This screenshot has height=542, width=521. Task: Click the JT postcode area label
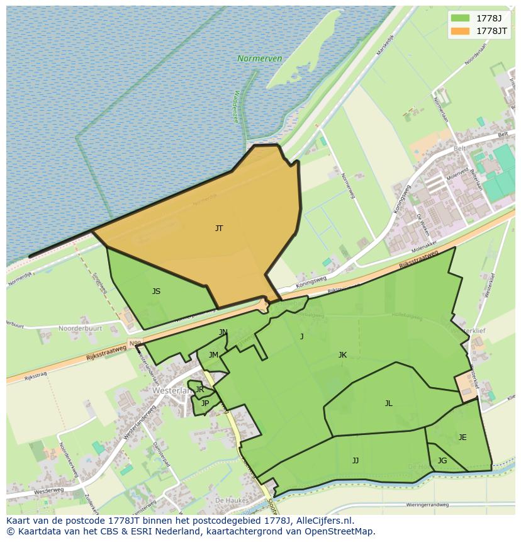pyautogui.click(x=218, y=229)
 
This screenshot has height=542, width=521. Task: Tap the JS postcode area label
pyautogui.click(x=156, y=291)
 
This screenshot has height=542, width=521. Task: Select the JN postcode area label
pyautogui.click(x=223, y=332)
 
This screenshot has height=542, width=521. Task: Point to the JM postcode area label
pyautogui.click(x=213, y=355)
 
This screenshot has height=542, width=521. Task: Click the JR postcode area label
pyautogui.click(x=199, y=390)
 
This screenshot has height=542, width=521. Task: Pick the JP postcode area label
pyautogui.click(x=204, y=404)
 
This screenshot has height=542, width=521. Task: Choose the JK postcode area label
pyautogui.click(x=342, y=355)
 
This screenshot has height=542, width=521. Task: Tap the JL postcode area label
pyautogui.click(x=388, y=404)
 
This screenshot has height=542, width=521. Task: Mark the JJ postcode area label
pyautogui.click(x=356, y=461)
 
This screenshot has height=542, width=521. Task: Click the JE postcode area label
pyautogui.click(x=462, y=438)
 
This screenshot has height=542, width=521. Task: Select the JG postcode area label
pyautogui.click(x=442, y=461)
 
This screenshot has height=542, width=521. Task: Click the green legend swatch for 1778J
pyautogui.click(x=461, y=18)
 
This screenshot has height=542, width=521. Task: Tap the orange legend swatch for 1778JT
pyautogui.click(x=461, y=31)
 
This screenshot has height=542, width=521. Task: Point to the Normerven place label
pyautogui.click(x=259, y=59)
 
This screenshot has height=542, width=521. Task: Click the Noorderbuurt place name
pyautogui.click(x=81, y=329)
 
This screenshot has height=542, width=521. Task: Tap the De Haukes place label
pyautogui.click(x=230, y=500)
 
